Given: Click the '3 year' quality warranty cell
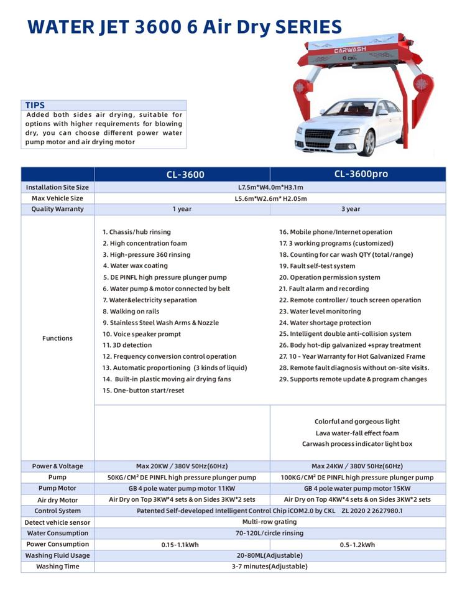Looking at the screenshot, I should pos(351,209).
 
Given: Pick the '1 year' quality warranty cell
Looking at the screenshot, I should pos(182,209).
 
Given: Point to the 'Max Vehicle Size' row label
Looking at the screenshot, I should pos(57,198).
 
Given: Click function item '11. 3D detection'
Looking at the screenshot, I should pos(127,345).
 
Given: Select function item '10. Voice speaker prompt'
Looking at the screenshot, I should pos(142,334).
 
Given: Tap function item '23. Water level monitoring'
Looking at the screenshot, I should pos(320,312).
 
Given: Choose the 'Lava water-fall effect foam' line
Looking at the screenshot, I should pos(357,433).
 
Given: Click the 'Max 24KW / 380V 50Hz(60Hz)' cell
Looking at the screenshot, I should pos(357,466).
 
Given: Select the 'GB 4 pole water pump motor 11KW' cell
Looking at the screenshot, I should pos(182,489).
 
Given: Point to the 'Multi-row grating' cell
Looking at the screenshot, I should pos(269,522).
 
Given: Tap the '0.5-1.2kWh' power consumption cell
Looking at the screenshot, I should pos(357,545).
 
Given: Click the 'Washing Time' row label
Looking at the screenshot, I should pos(57,567).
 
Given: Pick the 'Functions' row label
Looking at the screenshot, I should pos(57,338).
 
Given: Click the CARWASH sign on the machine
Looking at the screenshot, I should pos(350,49).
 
